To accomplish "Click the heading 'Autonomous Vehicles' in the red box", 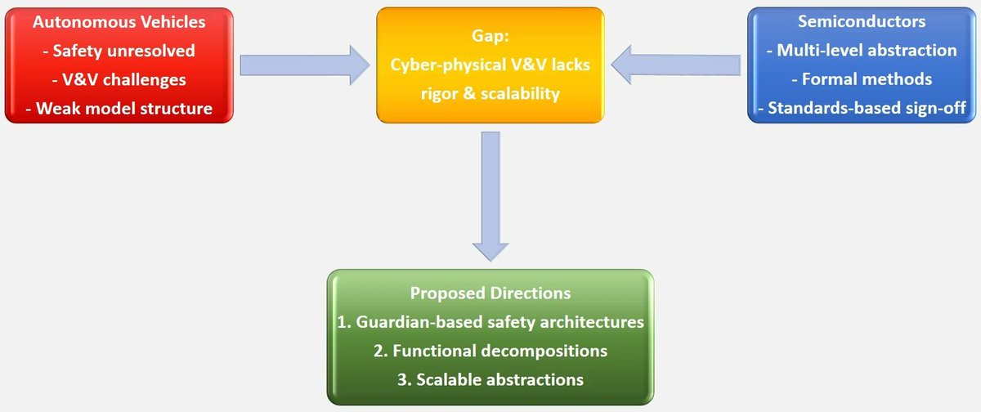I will pos(119,23).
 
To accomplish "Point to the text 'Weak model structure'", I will pos(119,108).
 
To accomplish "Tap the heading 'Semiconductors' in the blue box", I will pos(861,23).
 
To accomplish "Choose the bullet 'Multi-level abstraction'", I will pos(861,51).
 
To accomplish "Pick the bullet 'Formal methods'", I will pos(861,79).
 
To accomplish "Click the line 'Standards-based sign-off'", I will pos(861,108).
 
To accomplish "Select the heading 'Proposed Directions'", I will pos(490,293).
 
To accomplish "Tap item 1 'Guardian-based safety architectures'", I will pos(490,322).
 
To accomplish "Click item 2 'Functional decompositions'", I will pos(490,351).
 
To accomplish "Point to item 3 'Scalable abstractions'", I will pos(490,379).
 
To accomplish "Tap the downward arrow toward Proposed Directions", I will pos(490,196).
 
